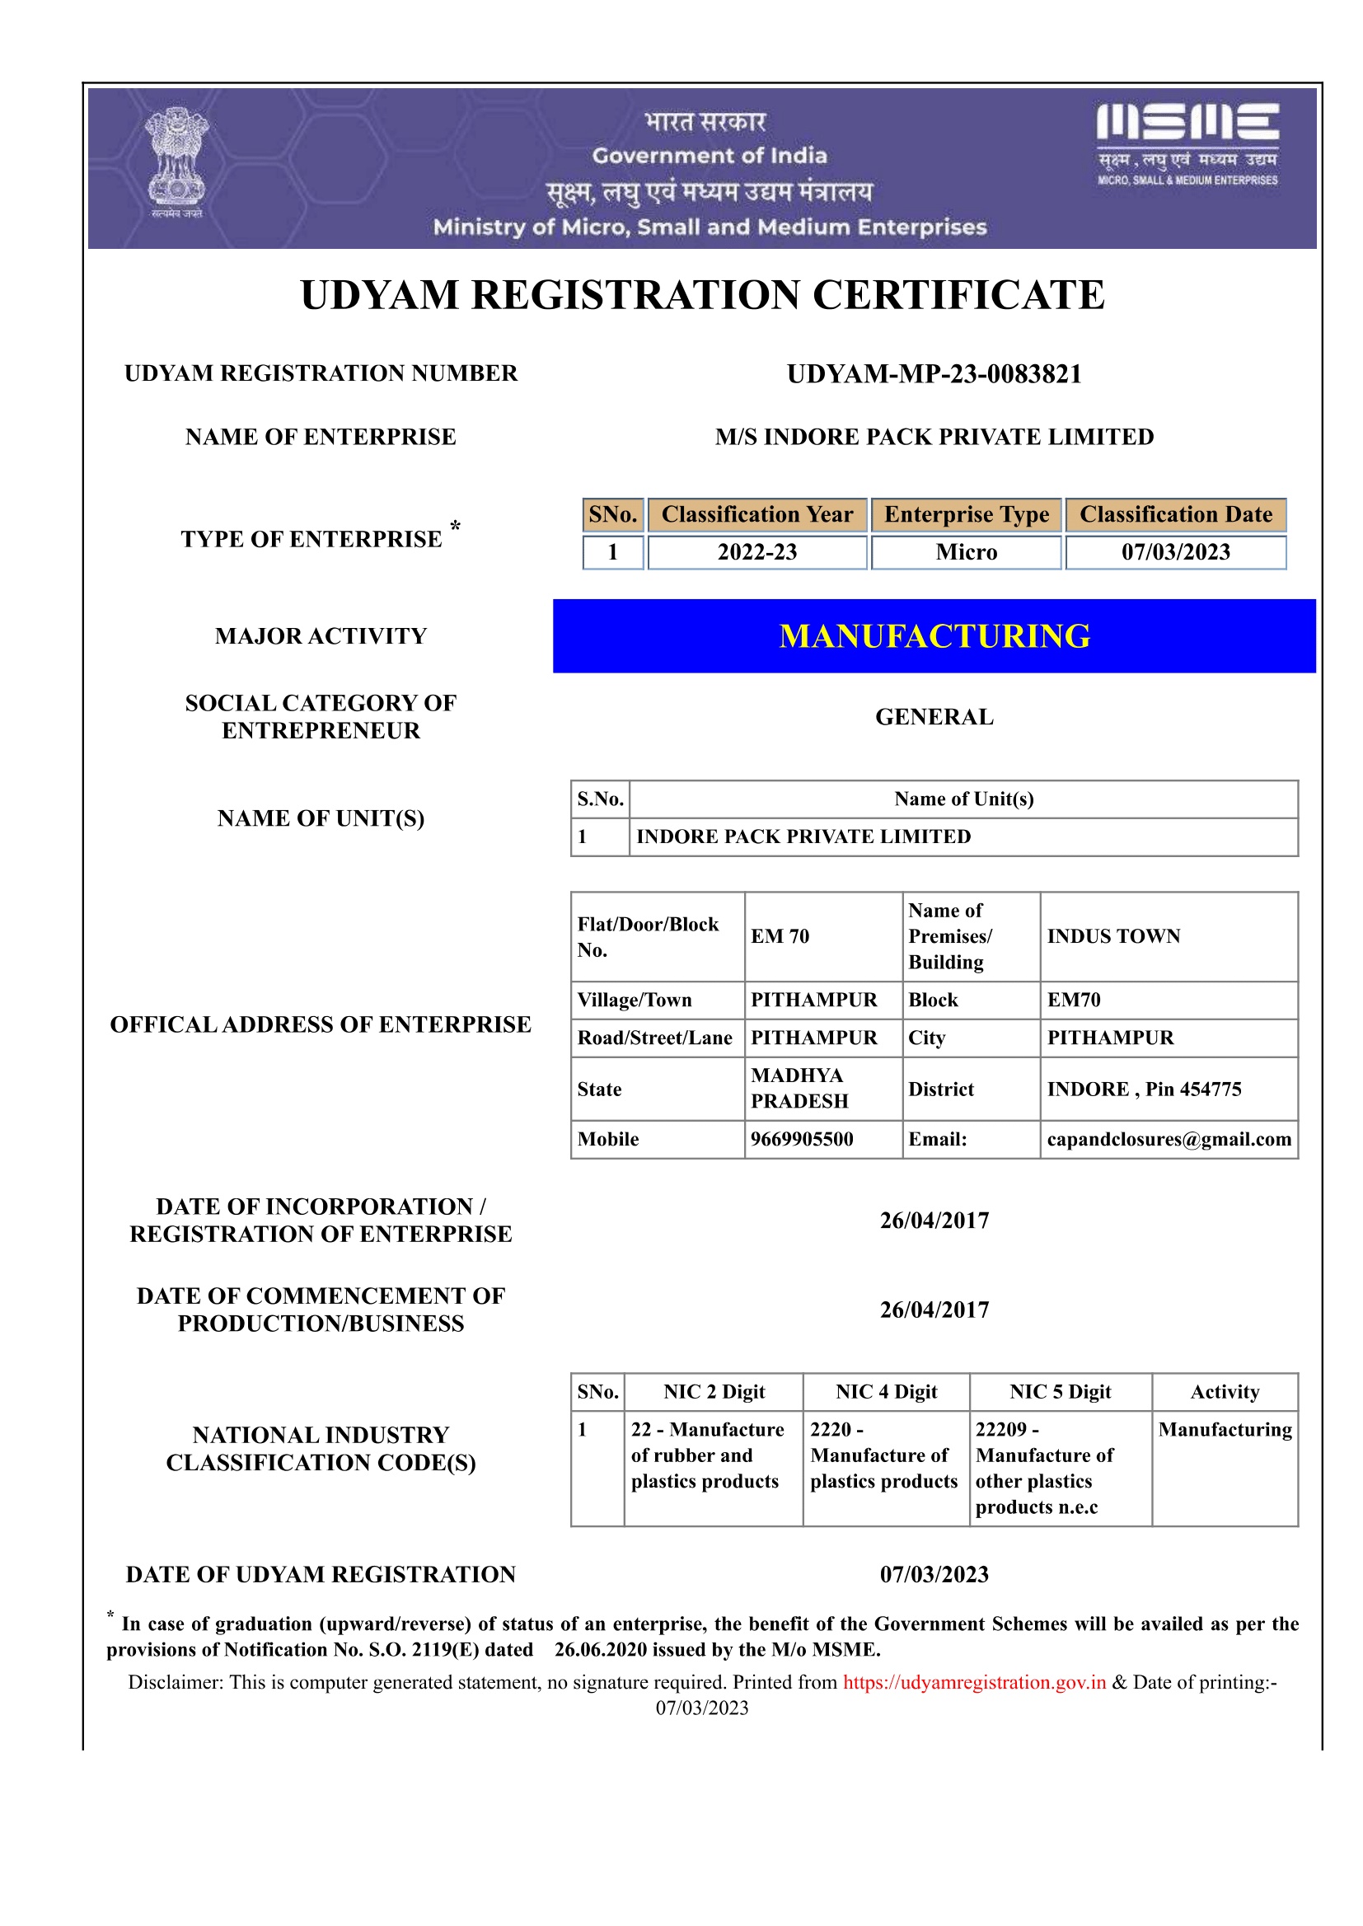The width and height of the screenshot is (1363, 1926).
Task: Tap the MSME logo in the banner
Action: tap(1187, 143)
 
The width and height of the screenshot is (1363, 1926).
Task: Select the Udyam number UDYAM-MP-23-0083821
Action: tap(934, 374)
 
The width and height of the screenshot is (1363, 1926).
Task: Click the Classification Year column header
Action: tap(757, 514)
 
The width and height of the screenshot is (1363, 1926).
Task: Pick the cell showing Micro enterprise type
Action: tap(966, 552)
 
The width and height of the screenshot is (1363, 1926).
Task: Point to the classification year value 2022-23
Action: tap(757, 552)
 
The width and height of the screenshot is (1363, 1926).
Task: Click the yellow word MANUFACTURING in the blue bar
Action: tap(934, 636)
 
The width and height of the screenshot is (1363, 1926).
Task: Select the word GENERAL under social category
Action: tap(934, 717)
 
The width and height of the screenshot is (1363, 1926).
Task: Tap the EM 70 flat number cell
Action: tap(780, 935)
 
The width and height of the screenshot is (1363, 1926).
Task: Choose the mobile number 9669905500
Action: tap(802, 1139)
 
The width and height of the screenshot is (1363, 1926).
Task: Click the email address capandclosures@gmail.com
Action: tap(1169, 1139)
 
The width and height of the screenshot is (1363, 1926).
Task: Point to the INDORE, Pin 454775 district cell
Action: tap(1143, 1089)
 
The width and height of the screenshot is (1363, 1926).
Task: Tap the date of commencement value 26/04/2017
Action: tap(934, 1310)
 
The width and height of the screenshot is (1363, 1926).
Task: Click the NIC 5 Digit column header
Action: tap(1060, 1391)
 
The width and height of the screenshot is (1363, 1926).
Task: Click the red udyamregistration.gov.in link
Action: tap(974, 1682)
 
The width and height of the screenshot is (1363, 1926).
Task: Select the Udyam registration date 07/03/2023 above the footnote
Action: tap(934, 1574)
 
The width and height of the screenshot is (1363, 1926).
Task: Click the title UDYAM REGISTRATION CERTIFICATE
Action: tap(702, 295)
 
